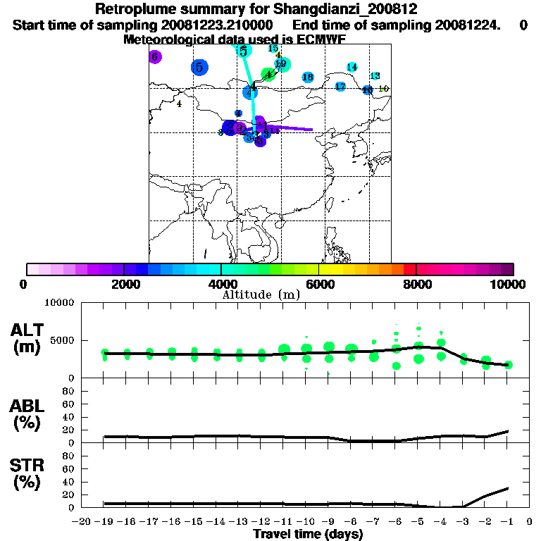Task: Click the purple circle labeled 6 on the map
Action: [156, 57]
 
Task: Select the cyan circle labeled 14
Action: [352, 68]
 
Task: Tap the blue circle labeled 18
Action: [308, 77]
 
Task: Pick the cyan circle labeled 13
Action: [375, 76]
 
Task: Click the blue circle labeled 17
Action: [340, 87]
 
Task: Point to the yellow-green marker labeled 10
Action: [383, 89]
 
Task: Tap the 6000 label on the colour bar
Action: [319, 284]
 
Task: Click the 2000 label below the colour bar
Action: [124, 284]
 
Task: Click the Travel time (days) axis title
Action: [308, 534]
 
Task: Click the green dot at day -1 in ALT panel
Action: [508, 365]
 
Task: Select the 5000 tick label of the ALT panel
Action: [61, 340]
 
